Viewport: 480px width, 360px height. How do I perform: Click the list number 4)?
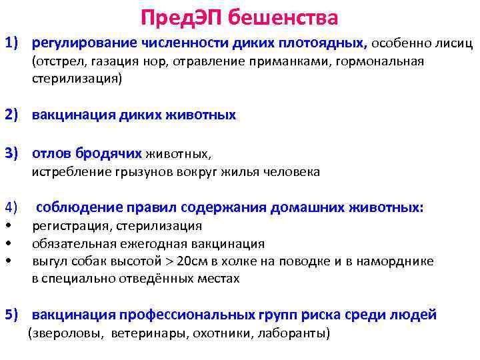click(x=13, y=207)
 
